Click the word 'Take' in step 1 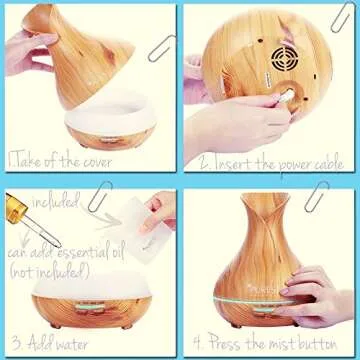29,160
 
